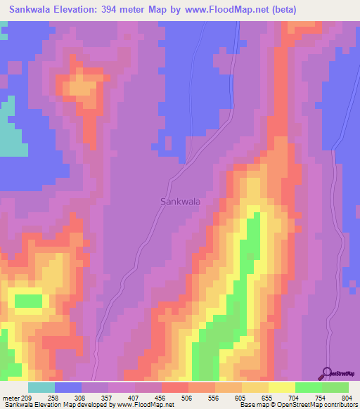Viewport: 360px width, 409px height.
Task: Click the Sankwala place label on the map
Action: coord(180,201)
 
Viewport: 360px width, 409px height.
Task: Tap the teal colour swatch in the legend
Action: coord(41,387)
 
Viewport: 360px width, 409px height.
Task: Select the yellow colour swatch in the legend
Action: coord(282,387)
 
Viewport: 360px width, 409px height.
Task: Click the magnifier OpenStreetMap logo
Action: coord(328,373)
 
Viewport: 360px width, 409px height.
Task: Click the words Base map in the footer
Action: coord(252,405)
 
